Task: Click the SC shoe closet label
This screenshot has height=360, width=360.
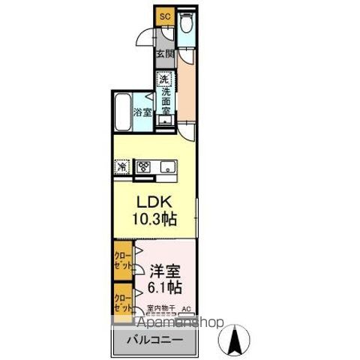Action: tap(164, 13)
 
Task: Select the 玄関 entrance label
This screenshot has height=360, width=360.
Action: tap(164, 53)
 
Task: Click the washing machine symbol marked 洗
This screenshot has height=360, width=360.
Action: tap(163, 78)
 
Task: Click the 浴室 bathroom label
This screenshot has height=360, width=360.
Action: tap(142, 112)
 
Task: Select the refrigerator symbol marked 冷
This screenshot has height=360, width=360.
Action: tap(121, 166)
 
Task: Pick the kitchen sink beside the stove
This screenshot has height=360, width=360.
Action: tap(166, 166)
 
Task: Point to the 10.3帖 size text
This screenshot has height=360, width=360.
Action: tap(156, 220)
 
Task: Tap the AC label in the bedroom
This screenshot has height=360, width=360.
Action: tap(186, 307)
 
